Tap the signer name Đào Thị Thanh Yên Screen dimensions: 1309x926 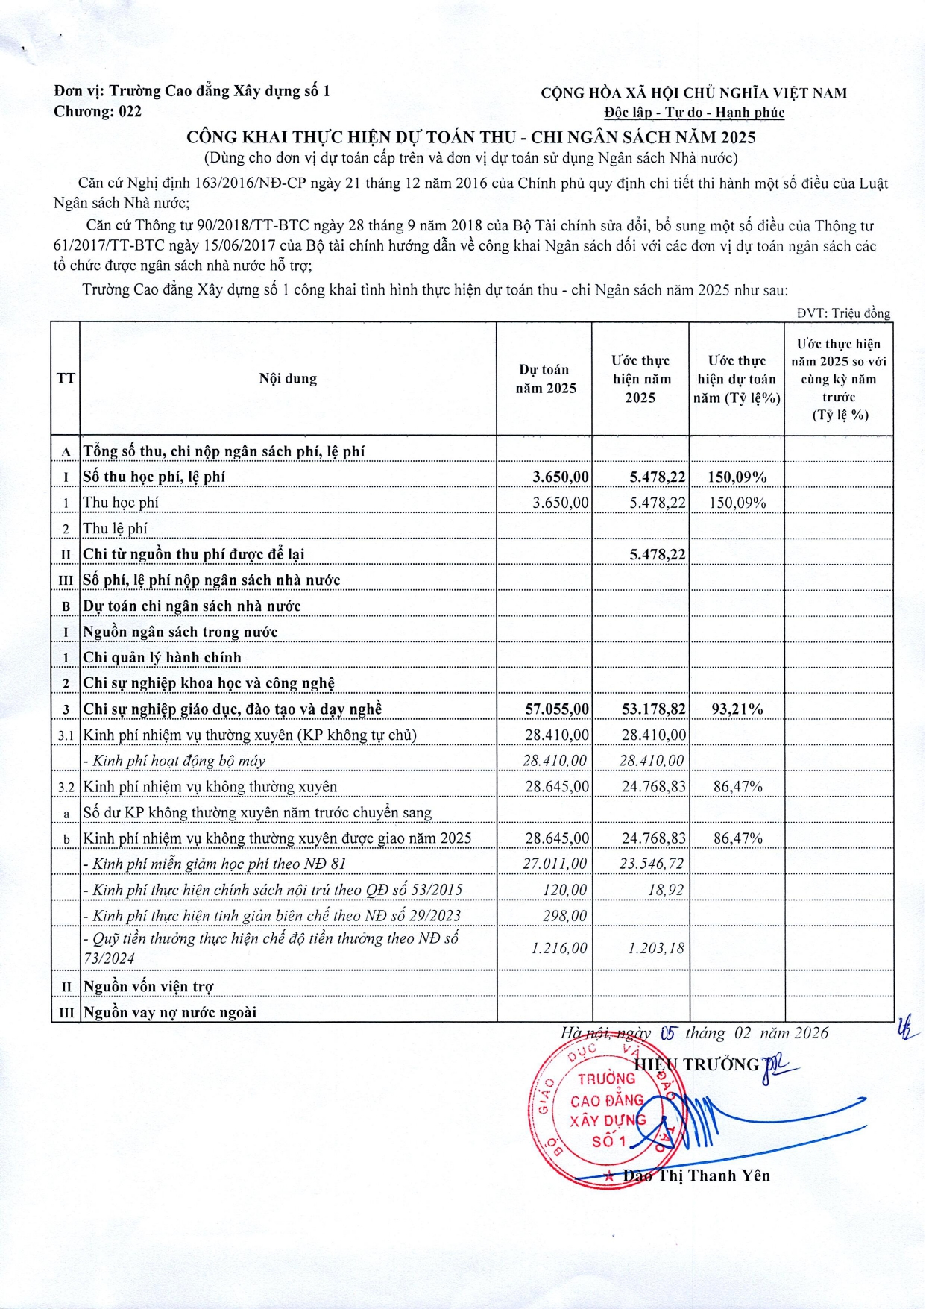(696, 1176)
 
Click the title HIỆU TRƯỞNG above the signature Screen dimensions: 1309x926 (696, 1064)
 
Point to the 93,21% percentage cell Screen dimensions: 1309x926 (737, 709)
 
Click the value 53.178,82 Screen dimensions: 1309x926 (653, 709)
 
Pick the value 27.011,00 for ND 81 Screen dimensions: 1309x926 (555, 864)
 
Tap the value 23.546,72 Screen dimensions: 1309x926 (652, 864)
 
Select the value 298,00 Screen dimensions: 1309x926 (564, 915)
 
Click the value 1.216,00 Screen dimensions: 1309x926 (559, 948)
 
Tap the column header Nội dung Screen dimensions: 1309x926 (288, 378)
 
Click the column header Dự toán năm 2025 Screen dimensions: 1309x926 (546, 378)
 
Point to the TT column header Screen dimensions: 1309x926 (66, 378)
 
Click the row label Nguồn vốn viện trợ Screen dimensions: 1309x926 (148, 986)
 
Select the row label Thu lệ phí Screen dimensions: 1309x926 (116, 528)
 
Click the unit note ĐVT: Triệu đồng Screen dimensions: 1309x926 (843, 313)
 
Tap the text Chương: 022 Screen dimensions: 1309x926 (98, 112)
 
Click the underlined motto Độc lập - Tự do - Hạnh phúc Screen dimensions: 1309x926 (694, 113)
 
